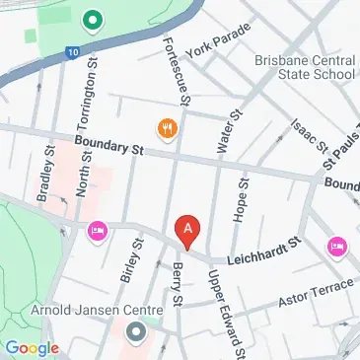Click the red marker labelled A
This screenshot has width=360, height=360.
click(188, 230)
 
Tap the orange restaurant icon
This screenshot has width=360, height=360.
click(166, 126)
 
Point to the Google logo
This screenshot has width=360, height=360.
click(33, 347)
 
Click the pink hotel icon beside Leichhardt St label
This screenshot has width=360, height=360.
click(336, 244)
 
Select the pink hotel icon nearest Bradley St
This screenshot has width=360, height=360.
click(97, 231)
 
